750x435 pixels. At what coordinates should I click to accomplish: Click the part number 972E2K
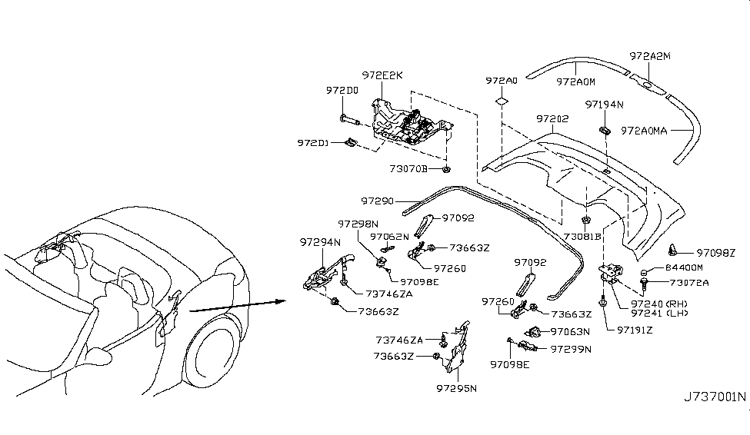point(382,75)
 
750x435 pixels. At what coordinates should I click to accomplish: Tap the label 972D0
point(342,91)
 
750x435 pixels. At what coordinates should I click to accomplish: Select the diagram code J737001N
point(715,397)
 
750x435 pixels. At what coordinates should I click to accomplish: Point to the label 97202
point(552,118)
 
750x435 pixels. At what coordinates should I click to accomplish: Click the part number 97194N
point(605,105)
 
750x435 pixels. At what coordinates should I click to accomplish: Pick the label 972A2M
point(650,56)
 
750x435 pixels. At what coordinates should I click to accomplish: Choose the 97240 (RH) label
point(658,304)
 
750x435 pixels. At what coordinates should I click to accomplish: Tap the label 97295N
point(456,388)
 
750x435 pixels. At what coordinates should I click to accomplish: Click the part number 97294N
point(320,242)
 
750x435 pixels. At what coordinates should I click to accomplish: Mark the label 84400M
point(684,267)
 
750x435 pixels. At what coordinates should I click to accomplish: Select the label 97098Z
point(715,253)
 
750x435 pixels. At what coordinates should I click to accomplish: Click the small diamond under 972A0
point(502,101)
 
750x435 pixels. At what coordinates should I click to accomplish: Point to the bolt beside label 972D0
point(350,119)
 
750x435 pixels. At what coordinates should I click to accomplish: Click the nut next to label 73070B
point(446,169)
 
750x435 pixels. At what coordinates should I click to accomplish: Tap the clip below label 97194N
point(605,130)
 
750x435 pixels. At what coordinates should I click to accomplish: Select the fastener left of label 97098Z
point(674,249)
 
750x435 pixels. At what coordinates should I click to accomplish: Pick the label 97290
point(377,201)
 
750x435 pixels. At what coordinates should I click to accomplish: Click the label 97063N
point(570,331)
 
